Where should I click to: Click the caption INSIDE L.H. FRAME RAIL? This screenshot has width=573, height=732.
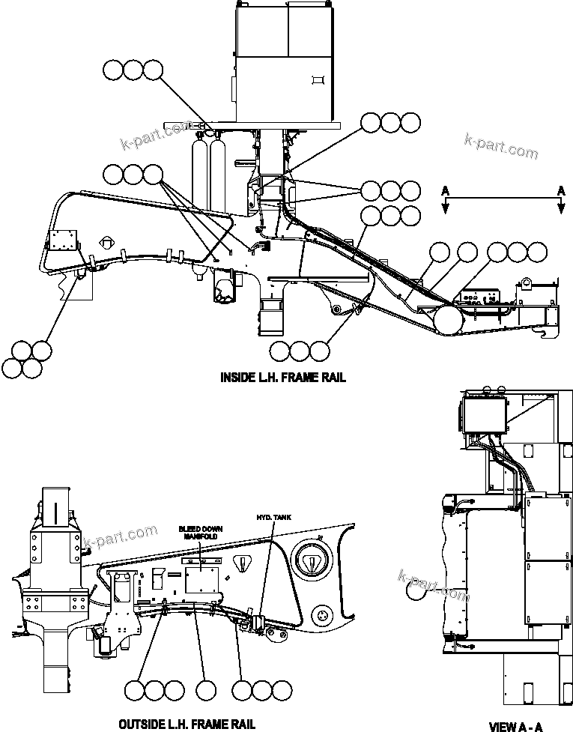282,378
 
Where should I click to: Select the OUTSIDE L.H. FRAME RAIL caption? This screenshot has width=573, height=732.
187,724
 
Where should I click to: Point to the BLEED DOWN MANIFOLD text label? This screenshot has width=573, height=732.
197,533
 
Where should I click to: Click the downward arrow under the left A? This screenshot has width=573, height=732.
445,208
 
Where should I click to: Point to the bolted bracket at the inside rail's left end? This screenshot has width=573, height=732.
62,242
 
